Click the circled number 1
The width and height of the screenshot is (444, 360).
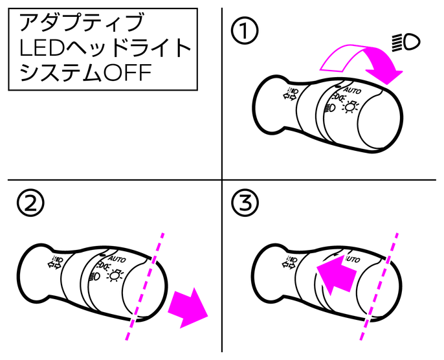tap(245, 30)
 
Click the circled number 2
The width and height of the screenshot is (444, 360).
tap(30, 203)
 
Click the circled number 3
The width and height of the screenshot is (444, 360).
tap(245, 203)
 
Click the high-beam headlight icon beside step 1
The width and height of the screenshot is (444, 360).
tap(406, 42)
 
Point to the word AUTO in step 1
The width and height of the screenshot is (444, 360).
tap(353, 91)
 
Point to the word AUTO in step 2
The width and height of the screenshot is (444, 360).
tap(117, 258)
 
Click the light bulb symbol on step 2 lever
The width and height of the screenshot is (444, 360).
tap(115, 275)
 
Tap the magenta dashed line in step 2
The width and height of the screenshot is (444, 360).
tap(144, 286)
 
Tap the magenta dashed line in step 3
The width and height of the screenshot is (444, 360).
tap(379, 286)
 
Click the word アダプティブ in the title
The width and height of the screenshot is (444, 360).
tap(82, 23)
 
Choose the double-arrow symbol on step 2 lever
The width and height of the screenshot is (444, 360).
tap(54, 263)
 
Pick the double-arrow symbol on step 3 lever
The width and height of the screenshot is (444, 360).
tap(290, 263)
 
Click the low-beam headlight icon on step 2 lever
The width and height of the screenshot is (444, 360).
tap(96, 276)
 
